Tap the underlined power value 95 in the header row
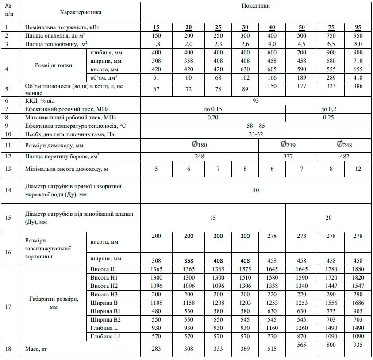358,27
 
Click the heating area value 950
358,35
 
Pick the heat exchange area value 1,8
156,44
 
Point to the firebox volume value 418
358,77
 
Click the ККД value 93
256,100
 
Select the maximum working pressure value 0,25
329,117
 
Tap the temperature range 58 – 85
256,126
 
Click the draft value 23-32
256,134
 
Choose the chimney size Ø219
288,144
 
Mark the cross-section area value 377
288,156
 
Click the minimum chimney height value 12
358,169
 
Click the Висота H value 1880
358,269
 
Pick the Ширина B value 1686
358,303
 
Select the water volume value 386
358,86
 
